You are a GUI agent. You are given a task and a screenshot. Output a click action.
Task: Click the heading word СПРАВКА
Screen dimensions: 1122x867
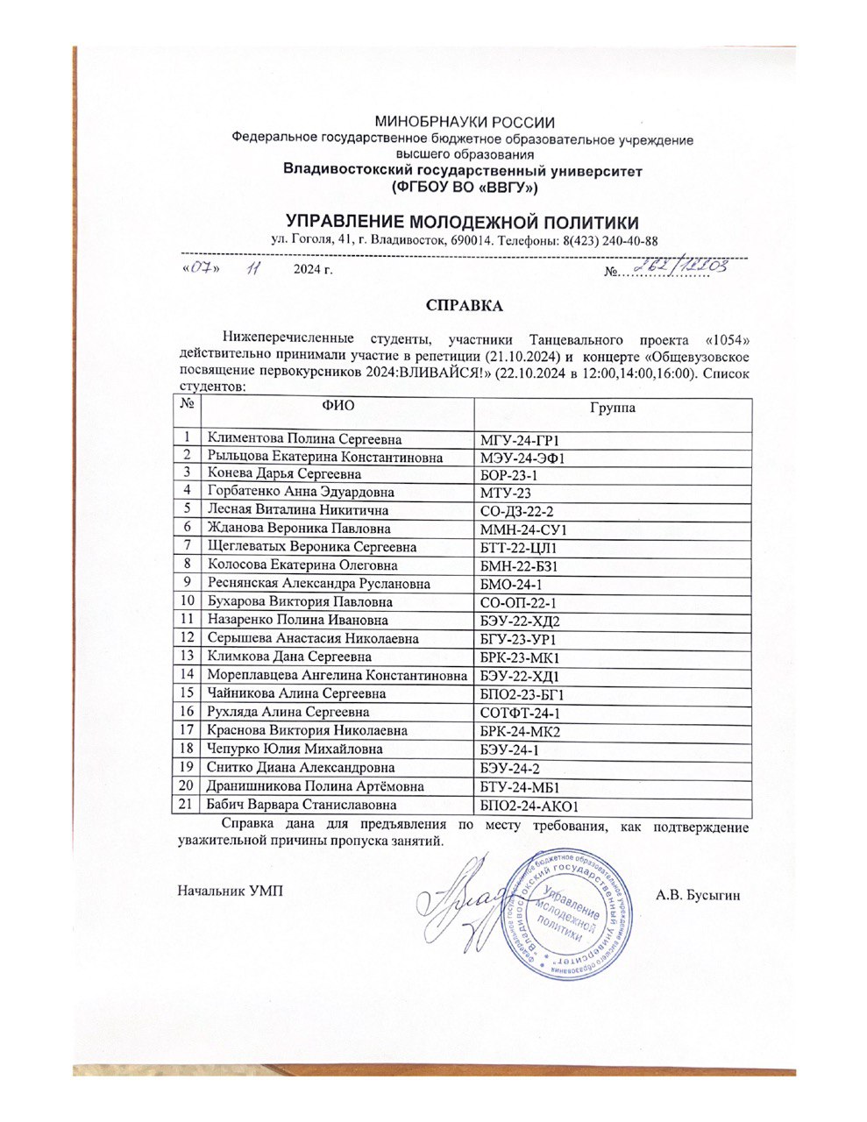point(464,306)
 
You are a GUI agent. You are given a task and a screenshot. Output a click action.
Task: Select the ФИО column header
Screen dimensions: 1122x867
point(338,407)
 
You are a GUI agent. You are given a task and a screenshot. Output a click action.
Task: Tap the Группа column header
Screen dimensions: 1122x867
point(613,408)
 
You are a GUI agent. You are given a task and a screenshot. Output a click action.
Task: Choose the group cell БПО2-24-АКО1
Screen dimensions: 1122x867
point(529,805)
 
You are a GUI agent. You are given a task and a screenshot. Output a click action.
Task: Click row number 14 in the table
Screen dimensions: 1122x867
point(186,675)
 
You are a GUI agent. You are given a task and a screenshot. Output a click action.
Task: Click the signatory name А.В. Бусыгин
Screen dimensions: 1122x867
point(698,895)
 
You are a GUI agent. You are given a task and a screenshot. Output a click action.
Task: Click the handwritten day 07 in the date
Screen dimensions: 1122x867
point(200,268)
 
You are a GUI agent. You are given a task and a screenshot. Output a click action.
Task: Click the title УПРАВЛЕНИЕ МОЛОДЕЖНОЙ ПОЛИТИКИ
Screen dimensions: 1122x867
point(464,221)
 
